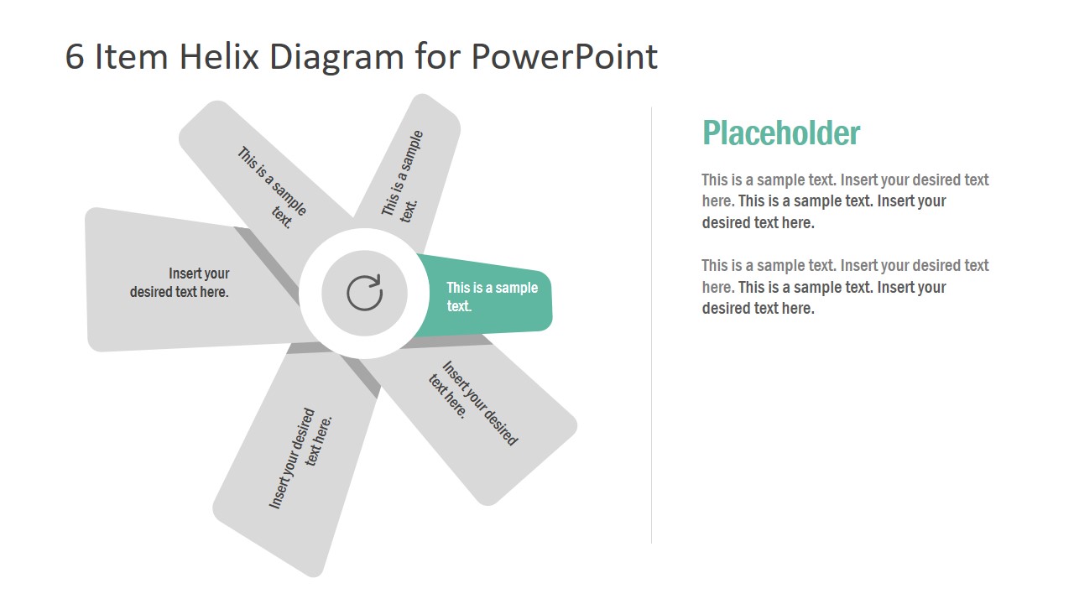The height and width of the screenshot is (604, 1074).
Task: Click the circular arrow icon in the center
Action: coord(364,293)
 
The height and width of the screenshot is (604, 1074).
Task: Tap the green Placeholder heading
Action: coord(780,133)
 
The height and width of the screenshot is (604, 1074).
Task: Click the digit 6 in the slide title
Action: coord(75,57)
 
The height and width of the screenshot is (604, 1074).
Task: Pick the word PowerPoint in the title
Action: coord(564,57)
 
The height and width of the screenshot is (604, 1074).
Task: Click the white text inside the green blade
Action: coord(491,296)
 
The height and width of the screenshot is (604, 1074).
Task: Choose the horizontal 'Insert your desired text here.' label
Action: coord(180,283)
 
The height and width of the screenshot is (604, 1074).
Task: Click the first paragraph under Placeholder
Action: coord(845,200)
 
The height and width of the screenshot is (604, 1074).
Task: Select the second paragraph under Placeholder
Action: coord(845,286)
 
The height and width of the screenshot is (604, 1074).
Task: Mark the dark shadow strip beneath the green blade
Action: coord(453,341)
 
